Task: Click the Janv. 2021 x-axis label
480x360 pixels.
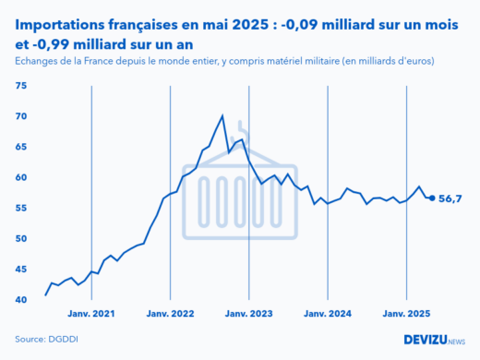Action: [x=91, y=314]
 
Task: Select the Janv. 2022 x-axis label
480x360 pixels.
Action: [x=171, y=314]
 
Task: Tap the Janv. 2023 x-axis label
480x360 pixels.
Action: [x=249, y=314]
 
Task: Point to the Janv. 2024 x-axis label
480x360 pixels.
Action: [x=329, y=314]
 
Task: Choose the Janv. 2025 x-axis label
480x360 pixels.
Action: [x=407, y=314]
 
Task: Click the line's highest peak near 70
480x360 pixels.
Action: [x=222, y=116]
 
